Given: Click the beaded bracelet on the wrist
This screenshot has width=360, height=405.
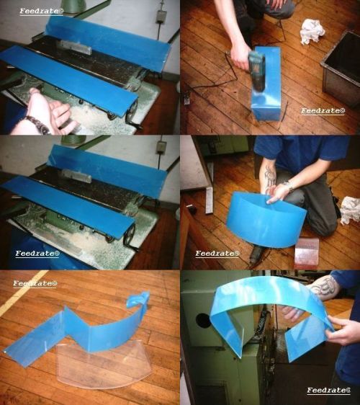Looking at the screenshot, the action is coord(37,125).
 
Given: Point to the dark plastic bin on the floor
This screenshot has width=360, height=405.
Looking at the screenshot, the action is coord(341,68).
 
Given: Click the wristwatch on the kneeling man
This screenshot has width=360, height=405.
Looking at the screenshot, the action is coord(289,185).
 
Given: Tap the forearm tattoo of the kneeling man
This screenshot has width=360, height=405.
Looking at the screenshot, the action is coord(270,177).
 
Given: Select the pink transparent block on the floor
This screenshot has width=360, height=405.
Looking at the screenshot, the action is coord(306,253).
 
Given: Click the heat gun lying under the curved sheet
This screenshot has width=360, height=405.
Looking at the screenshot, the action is coord(255,254).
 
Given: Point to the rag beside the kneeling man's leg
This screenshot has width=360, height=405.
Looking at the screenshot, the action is coord(350,210).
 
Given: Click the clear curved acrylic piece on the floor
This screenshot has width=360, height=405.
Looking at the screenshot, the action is coord(103,364).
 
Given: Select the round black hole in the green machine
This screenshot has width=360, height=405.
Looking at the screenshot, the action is coord(203,321).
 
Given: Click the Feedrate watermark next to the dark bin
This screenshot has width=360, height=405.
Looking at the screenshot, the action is coord(323,111).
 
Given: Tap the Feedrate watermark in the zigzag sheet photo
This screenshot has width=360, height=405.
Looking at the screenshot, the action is coord(35,284).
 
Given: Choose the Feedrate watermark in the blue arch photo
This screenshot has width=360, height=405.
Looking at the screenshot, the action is coord(329,391).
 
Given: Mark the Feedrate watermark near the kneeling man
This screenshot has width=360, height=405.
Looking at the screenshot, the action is coord(217,254).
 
